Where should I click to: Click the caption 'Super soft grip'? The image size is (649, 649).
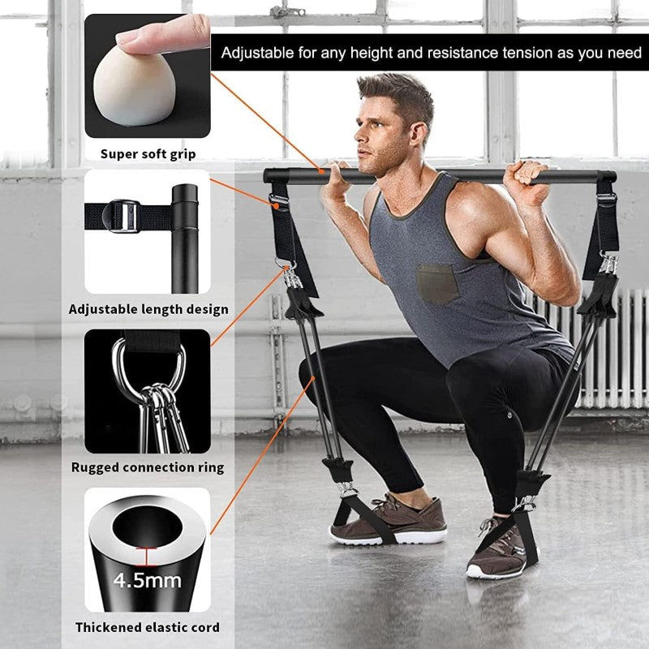pos(148,153)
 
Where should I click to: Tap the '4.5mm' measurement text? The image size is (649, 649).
pos(148,581)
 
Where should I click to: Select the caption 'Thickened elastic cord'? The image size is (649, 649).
pos(148,627)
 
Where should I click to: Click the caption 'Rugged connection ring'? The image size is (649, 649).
pos(148,467)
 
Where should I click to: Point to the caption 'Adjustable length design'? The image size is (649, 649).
pos(148,309)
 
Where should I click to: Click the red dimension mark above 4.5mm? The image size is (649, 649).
pos(147,557)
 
